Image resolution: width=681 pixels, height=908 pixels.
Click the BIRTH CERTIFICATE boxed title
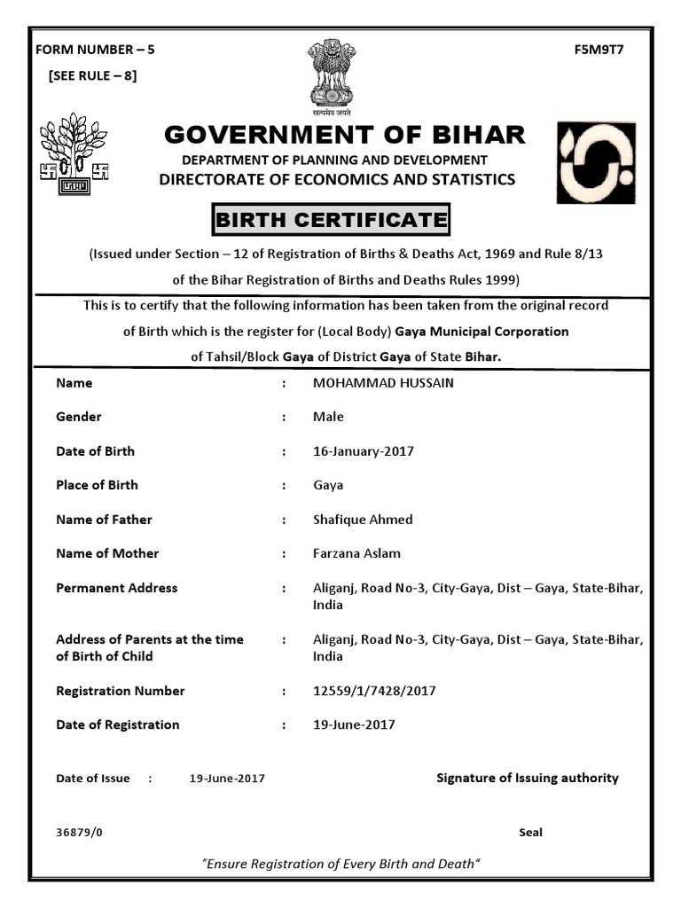pyautogui.click(x=330, y=219)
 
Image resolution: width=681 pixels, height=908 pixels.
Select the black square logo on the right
pyautogui.click(x=595, y=163)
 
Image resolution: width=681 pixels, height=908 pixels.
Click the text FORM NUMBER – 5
pyautogui.click(x=95, y=50)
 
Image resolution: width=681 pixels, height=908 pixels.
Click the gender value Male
pyautogui.click(x=328, y=417)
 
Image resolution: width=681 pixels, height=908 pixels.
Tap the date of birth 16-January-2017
pyautogui.click(x=364, y=451)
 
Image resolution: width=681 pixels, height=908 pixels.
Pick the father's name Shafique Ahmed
pyautogui.click(x=363, y=520)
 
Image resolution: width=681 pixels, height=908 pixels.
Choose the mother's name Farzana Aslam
pyautogui.click(x=356, y=553)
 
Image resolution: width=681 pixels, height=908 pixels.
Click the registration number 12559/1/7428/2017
pyautogui.click(x=374, y=691)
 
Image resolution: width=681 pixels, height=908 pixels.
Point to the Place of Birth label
pyautogui.click(x=97, y=485)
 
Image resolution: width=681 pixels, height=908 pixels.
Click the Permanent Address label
pyautogui.click(x=116, y=588)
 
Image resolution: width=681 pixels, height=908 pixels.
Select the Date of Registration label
pyautogui.click(x=117, y=724)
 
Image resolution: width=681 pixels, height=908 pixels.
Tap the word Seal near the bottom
pyautogui.click(x=530, y=833)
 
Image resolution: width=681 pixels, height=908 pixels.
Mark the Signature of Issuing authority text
pyautogui.click(x=527, y=778)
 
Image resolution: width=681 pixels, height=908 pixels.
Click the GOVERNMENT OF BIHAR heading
pyautogui.click(x=345, y=135)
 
